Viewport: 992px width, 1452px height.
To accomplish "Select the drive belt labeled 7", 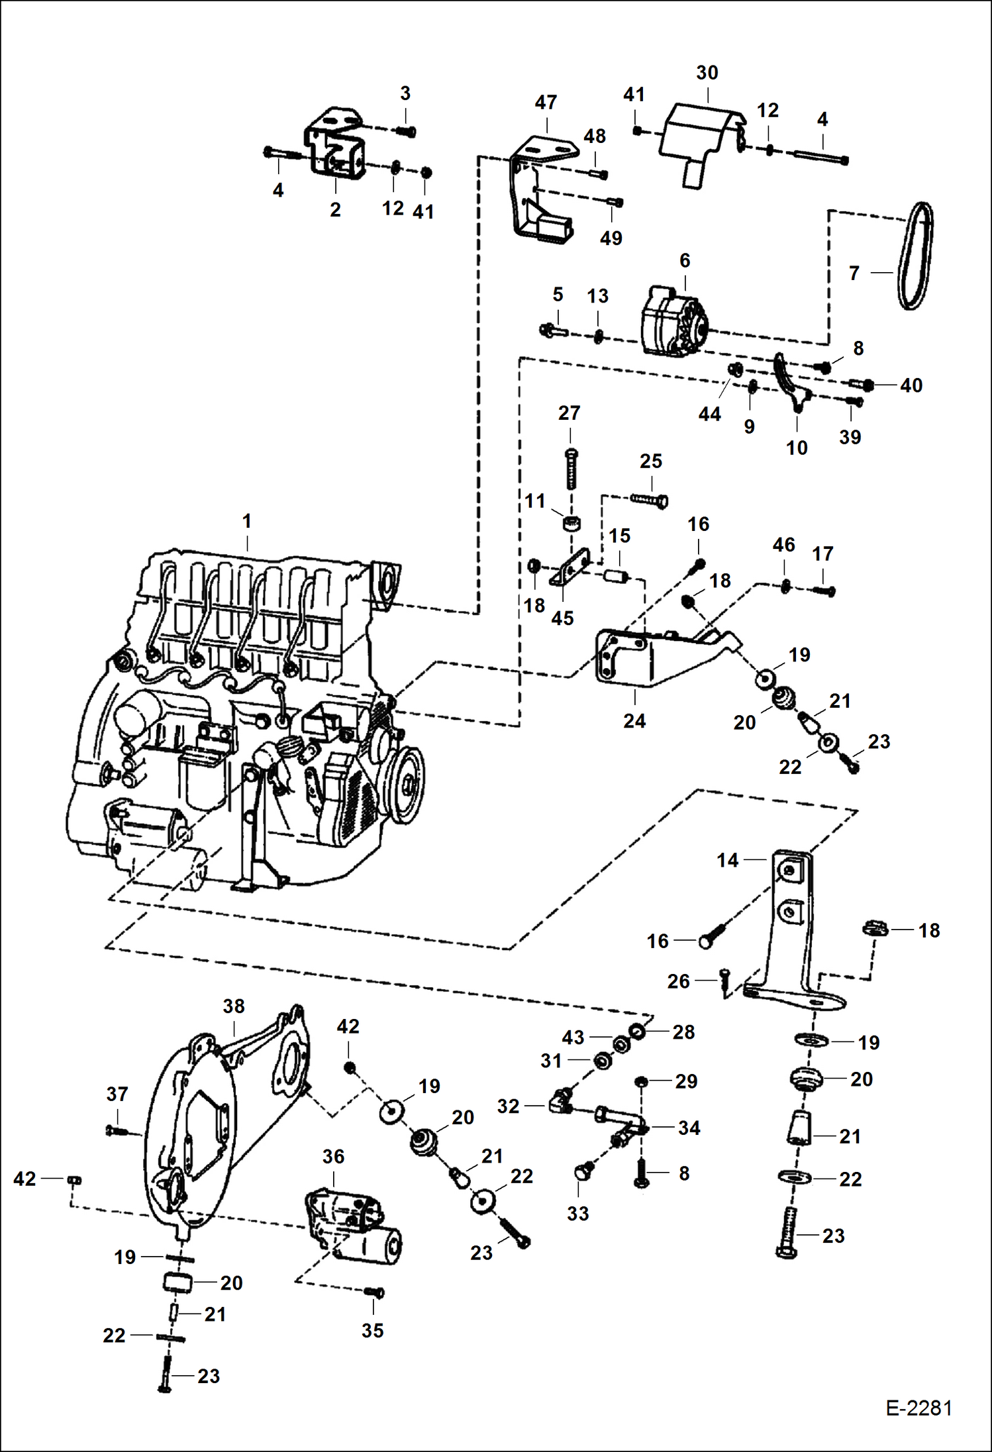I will tap(917, 256).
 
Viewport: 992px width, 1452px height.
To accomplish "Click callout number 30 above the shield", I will tap(707, 73).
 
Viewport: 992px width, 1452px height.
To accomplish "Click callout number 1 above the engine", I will tap(247, 521).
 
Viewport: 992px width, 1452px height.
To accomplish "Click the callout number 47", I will tap(546, 103).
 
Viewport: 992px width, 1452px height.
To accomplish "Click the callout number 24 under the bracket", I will tap(634, 721).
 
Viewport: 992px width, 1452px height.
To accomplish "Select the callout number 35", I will tap(372, 1330).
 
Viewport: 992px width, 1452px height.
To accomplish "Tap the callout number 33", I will tap(577, 1214).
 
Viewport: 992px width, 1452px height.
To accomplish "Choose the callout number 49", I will tap(611, 238).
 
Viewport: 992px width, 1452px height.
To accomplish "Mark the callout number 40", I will tap(911, 385).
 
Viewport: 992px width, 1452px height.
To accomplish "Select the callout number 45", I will tap(562, 618).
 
